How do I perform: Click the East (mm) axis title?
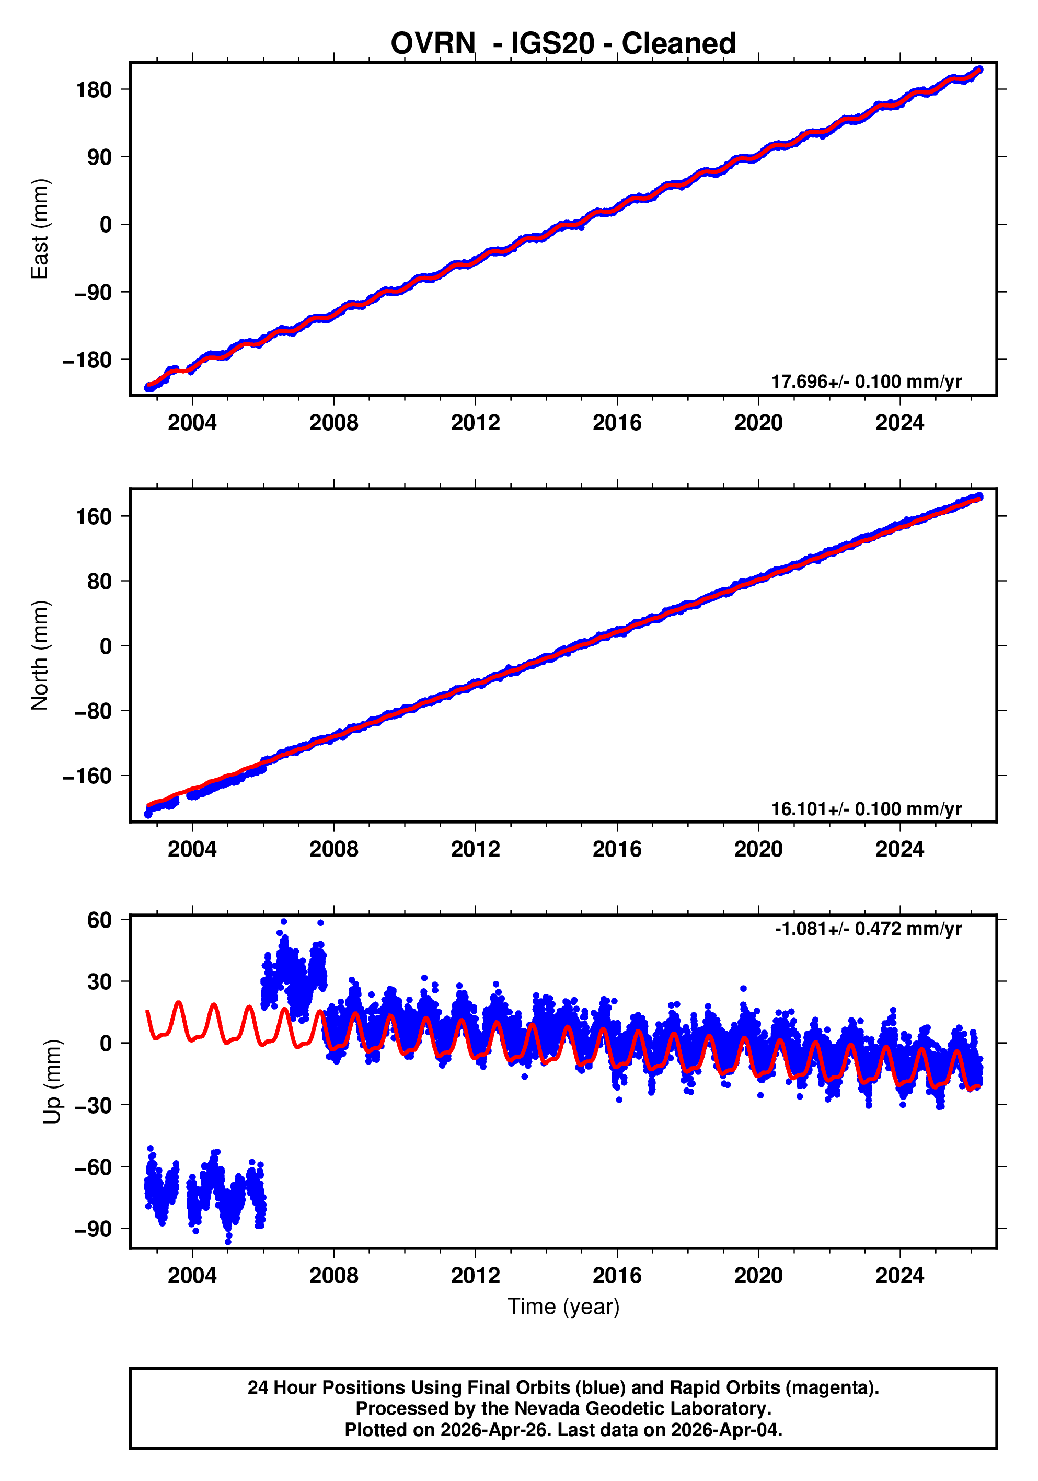tap(40, 229)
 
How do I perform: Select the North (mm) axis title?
tap(40, 655)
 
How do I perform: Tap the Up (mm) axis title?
tap(53, 1082)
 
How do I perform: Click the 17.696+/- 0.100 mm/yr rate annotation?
tap(866, 382)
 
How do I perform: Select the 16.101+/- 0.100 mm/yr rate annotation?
tap(866, 809)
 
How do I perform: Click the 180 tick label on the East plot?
tap(94, 90)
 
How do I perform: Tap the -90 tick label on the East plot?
tap(93, 292)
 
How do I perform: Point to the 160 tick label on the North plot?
tap(94, 517)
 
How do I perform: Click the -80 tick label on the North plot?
tap(93, 711)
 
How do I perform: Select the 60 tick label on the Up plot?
tap(99, 920)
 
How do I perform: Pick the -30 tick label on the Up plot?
tap(93, 1105)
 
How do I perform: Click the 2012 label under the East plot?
tap(476, 423)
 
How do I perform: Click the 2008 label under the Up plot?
tap(333, 1275)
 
